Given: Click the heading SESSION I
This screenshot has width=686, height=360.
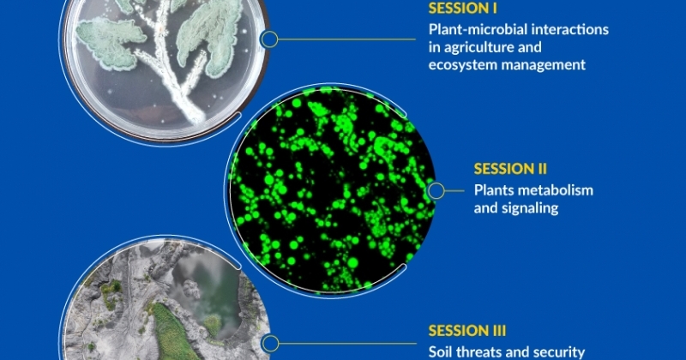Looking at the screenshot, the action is click(x=462, y=9).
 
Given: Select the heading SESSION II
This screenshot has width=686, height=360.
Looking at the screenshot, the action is click(x=510, y=169).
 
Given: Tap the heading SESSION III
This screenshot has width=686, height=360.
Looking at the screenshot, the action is click(x=466, y=331).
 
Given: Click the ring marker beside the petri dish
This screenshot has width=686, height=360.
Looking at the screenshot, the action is click(x=269, y=39).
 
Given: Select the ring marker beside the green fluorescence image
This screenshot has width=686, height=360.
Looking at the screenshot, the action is click(x=436, y=191).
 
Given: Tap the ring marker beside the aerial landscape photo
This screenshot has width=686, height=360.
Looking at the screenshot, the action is click(x=270, y=344).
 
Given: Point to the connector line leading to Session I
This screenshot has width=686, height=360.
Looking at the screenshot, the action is click(x=346, y=39).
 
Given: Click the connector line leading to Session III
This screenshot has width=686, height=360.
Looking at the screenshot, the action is click(x=347, y=344).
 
